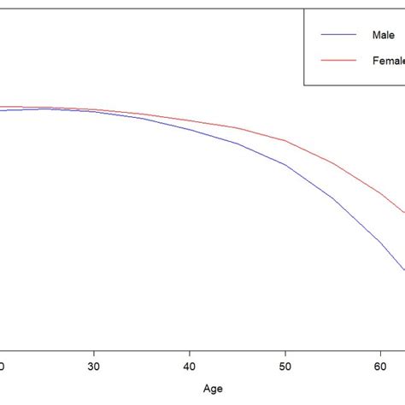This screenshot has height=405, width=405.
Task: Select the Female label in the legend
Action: [x=389, y=60]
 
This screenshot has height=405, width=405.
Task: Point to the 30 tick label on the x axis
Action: [x=94, y=364]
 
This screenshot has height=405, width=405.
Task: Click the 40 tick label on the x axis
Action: [x=190, y=364]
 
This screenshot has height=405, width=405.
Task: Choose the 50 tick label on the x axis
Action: [x=285, y=364]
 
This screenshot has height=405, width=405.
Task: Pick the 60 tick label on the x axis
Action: [x=381, y=364]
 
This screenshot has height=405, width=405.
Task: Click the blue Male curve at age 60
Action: [x=381, y=242]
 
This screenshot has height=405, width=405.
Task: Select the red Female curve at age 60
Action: [x=381, y=193]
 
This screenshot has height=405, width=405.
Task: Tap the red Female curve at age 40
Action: [x=190, y=120]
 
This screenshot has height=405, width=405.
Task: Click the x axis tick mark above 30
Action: [x=94, y=349]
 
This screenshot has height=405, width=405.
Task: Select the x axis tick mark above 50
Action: [x=285, y=349]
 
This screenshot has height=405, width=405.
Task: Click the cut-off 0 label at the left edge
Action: [x=3, y=364]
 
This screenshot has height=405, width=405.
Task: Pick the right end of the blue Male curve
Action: [x=403, y=270]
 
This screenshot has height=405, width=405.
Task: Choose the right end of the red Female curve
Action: [x=403, y=213]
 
